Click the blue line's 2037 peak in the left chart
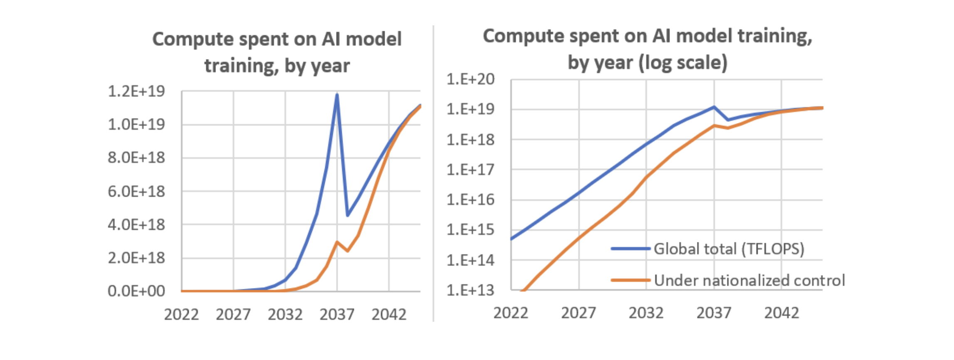click(x=337, y=95)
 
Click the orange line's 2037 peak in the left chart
click(x=337, y=242)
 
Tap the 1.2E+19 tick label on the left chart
click(x=136, y=91)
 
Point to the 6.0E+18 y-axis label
click(x=136, y=191)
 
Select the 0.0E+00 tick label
click(x=136, y=291)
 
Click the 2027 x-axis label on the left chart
click(x=233, y=314)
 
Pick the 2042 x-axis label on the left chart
click(x=389, y=314)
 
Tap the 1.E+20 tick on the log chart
click(x=470, y=79)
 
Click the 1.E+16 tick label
click(x=470, y=200)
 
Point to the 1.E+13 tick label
click(x=470, y=290)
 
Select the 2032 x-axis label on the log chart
click(x=646, y=313)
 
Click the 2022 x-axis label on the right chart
click(x=511, y=313)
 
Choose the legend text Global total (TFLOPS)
click(x=729, y=249)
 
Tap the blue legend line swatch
click(x=630, y=249)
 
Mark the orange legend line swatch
click(x=630, y=280)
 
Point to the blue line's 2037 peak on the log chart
click(x=714, y=107)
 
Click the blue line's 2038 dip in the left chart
click(x=347, y=215)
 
